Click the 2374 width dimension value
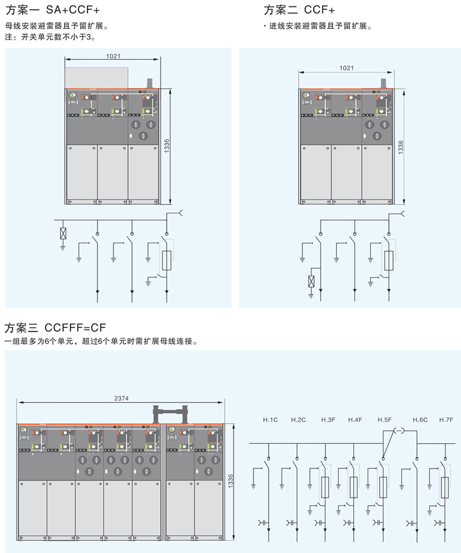point(121,398)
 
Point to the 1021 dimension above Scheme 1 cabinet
point(113,55)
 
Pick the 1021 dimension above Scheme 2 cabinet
point(346,68)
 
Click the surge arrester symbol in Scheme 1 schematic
point(63,234)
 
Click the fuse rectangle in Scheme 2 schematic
point(389,260)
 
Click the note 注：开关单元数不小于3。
point(53,38)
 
